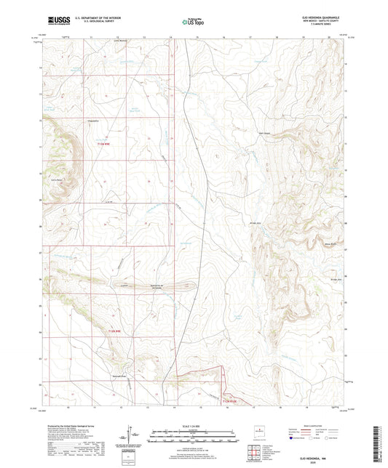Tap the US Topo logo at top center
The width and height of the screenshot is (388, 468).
pos(193,23)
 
